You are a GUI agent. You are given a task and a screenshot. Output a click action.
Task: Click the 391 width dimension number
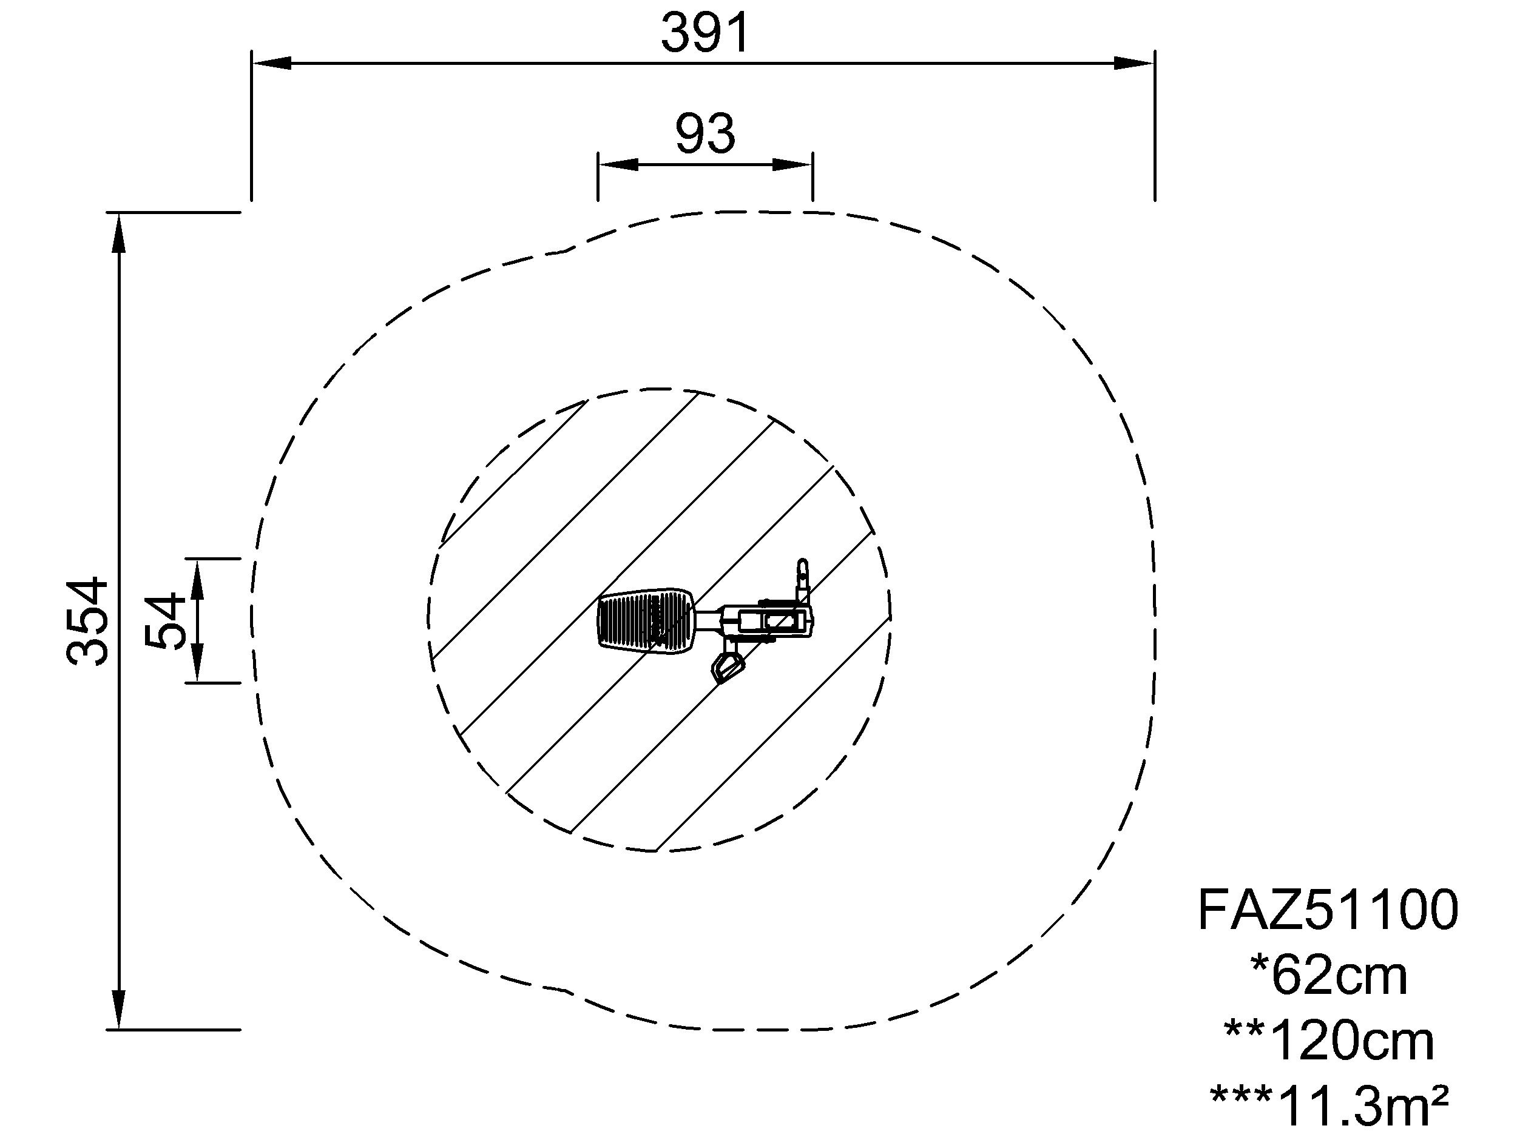pos(705,33)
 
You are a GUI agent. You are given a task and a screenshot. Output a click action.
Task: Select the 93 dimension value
pos(705,135)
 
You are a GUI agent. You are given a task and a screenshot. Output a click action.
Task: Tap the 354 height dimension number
pos(88,622)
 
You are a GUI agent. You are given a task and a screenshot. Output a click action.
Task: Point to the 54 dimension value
pos(165,621)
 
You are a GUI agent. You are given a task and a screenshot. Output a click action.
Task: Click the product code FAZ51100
pos(1328,911)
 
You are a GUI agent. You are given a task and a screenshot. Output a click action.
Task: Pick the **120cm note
pos(1329,1041)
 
